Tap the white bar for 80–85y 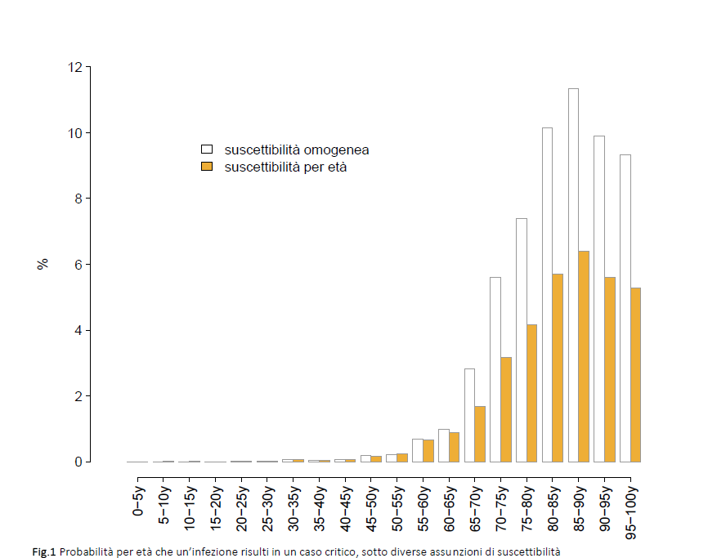pyautogui.click(x=547, y=294)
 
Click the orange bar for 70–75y pyautogui.click(x=506, y=409)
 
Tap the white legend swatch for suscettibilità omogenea pyautogui.click(x=208, y=150)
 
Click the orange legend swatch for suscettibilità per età pyautogui.click(x=208, y=167)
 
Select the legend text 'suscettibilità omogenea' pyautogui.click(x=296, y=150)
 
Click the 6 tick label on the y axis pyautogui.click(x=78, y=265)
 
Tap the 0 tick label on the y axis pyautogui.click(x=78, y=462)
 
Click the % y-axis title pyautogui.click(x=43, y=264)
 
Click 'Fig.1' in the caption pyautogui.click(x=44, y=551)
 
